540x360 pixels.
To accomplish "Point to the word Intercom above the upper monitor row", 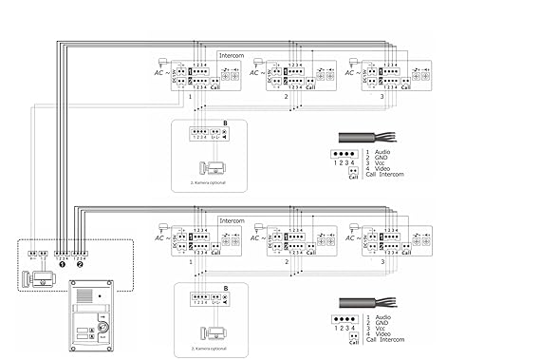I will (x=231, y=56).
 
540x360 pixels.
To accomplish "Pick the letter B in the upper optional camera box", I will (x=225, y=123).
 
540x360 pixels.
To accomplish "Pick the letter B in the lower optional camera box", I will (x=225, y=288).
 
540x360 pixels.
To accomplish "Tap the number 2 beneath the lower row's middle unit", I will (x=287, y=260).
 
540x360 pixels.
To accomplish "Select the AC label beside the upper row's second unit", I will (x=257, y=72).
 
